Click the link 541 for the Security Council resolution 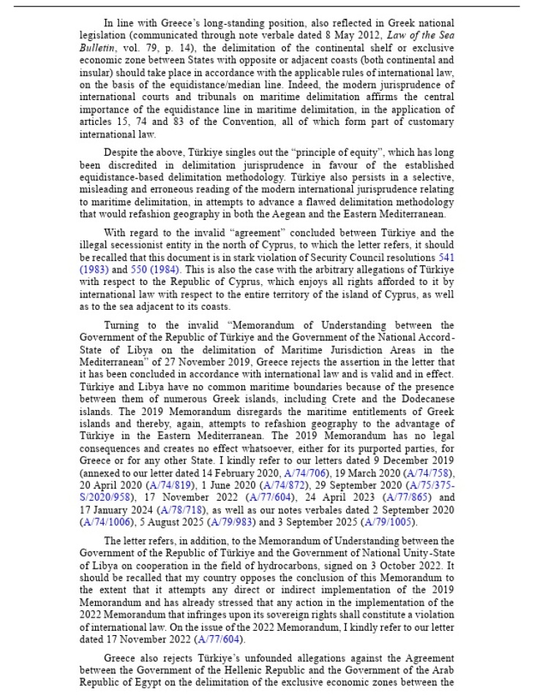click(x=446, y=258)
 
